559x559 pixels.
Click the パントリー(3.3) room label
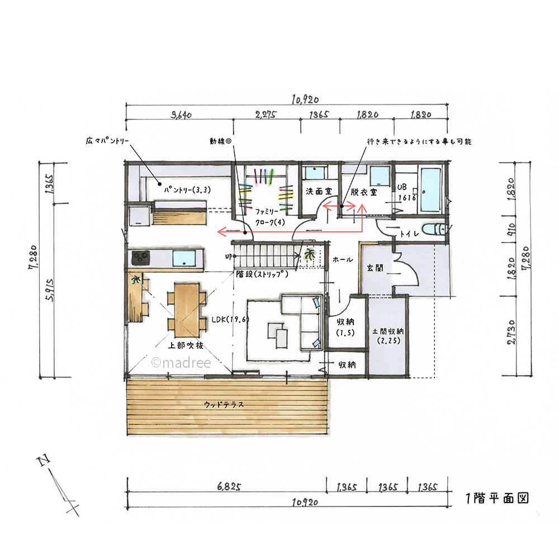click(187, 190)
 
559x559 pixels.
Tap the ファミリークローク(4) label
click(270, 217)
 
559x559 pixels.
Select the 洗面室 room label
click(319, 191)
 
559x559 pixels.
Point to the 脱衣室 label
click(364, 192)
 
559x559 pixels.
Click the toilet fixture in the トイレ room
click(434, 229)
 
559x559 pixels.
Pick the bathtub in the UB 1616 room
click(430, 190)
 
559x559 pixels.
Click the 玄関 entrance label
click(375, 268)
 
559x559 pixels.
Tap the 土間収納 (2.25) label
click(389, 336)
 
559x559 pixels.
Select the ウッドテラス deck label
click(224, 405)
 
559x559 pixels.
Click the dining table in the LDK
click(187, 310)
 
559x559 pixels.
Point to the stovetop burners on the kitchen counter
click(140, 258)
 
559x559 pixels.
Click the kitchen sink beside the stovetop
click(184, 258)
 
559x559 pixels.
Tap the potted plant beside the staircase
click(309, 254)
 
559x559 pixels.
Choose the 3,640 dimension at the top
click(181, 115)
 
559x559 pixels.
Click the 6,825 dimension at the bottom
click(229, 486)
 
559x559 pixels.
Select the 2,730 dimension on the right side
click(511, 332)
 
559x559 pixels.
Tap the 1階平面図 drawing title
click(498, 498)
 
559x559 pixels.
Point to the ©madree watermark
click(181, 363)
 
